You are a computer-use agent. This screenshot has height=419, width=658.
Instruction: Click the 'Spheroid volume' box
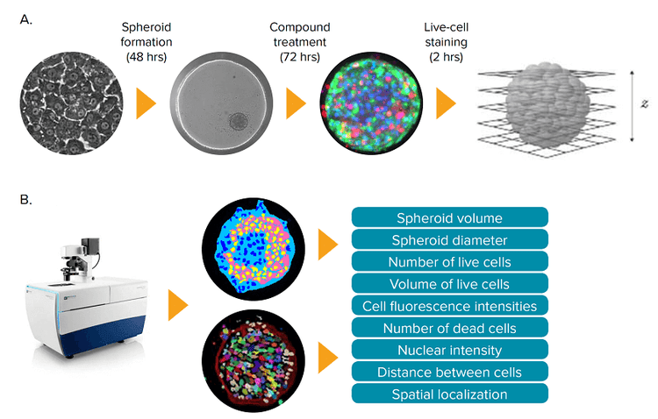click(x=449, y=217)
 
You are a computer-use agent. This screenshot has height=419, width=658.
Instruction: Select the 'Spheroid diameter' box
click(x=449, y=239)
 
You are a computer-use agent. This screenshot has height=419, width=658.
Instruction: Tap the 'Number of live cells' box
click(x=449, y=261)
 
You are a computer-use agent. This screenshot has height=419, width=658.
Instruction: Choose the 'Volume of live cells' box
click(x=449, y=283)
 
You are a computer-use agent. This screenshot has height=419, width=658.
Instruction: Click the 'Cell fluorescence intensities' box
click(x=449, y=306)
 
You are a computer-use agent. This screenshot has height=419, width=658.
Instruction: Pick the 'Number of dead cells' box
click(x=449, y=328)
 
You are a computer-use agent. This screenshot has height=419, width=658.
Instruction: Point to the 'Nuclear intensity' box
click(x=449, y=350)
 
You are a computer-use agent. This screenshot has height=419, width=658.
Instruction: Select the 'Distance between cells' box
click(x=449, y=372)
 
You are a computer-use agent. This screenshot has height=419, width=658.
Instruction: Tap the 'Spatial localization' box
click(x=449, y=394)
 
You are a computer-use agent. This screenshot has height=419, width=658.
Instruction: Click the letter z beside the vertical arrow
click(x=643, y=103)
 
